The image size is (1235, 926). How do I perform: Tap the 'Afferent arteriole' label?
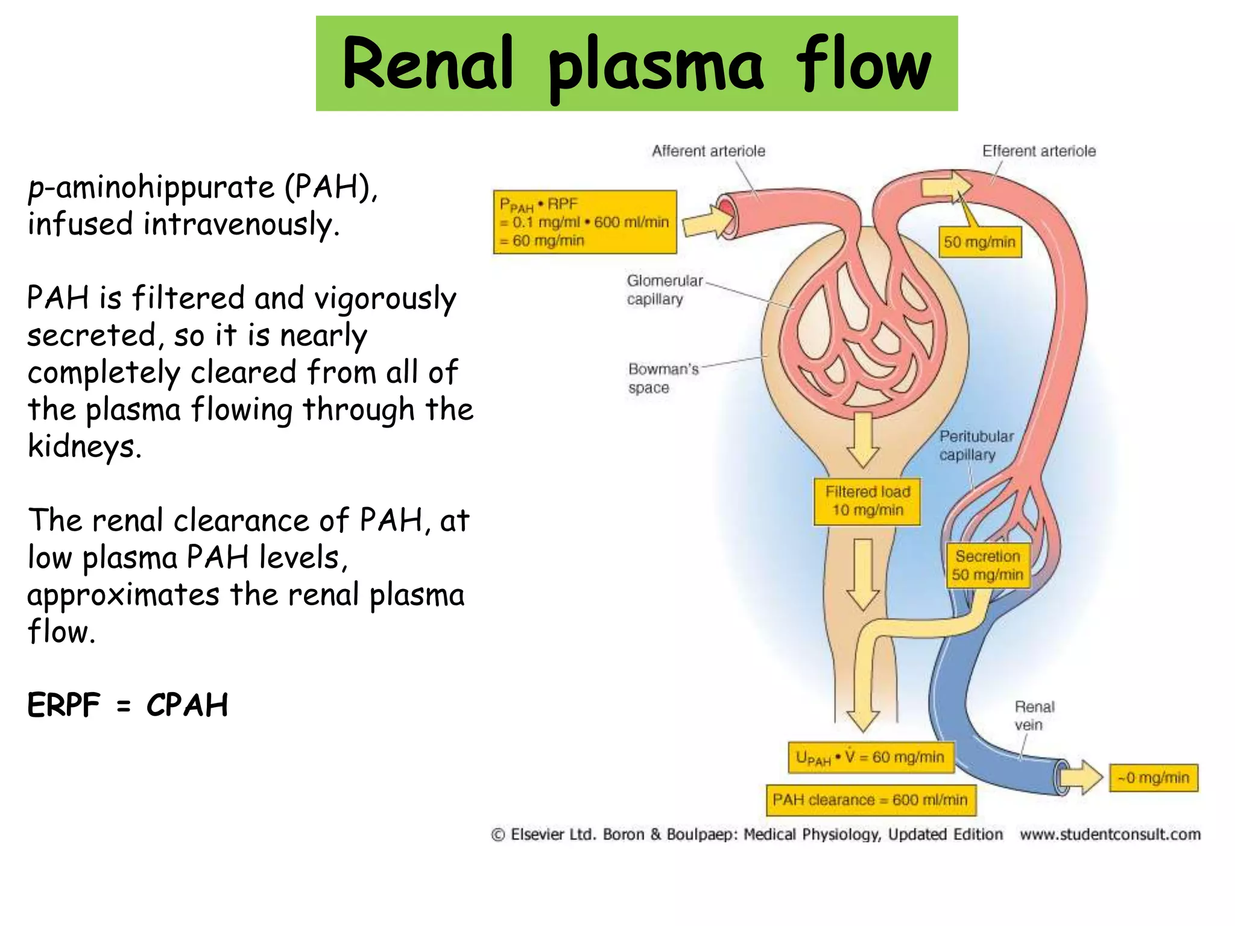point(708,151)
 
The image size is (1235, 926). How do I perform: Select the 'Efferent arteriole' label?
point(1038,151)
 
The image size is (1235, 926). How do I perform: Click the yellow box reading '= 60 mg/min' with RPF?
point(584,222)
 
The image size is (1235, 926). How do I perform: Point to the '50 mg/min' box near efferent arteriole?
point(979,242)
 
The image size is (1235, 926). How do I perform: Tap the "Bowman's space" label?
point(662,378)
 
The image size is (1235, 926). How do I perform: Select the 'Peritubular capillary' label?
point(975,445)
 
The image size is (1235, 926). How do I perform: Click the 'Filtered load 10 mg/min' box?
point(867,501)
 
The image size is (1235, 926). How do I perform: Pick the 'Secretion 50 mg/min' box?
point(987,565)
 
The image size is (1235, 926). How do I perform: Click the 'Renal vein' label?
point(1033,715)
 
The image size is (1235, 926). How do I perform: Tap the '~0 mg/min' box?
point(1153,778)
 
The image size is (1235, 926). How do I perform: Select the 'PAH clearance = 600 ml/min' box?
point(870,800)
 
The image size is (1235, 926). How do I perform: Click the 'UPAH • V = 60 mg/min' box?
point(870,757)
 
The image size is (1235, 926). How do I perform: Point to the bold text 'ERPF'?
point(64,705)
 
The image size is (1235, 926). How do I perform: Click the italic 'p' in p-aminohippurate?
point(36,188)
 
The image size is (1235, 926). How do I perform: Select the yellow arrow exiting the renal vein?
point(1080,778)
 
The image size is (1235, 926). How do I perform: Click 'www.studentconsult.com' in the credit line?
point(1110,834)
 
